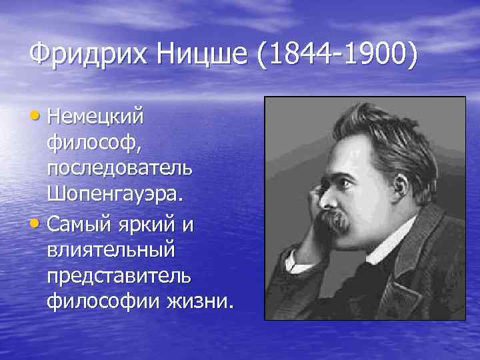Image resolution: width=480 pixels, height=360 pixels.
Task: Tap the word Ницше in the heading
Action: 201,54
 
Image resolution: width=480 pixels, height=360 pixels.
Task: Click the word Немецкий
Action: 95,117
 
